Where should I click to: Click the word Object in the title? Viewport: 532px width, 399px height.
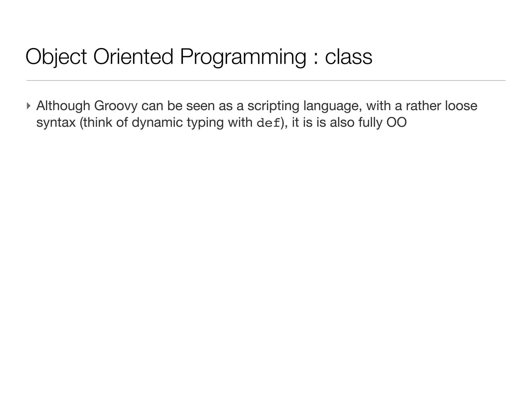(x=56, y=57)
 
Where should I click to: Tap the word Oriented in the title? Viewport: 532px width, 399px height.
(x=133, y=57)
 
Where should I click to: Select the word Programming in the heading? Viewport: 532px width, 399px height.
(x=243, y=57)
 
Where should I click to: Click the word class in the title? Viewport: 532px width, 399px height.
(x=349, y=57)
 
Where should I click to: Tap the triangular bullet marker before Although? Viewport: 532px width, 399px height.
(x=29, y=106)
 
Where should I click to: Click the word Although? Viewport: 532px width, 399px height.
(x=63, y=106)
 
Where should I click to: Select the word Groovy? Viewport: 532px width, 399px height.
(x=116, y=106)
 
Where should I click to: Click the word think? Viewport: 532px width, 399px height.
(x=96, y=122)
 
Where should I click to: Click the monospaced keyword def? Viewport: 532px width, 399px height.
(x=269, y=123)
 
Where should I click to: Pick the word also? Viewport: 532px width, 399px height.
(x=342, y=122)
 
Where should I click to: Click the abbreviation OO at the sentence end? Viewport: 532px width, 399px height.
(x=396, y=122)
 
